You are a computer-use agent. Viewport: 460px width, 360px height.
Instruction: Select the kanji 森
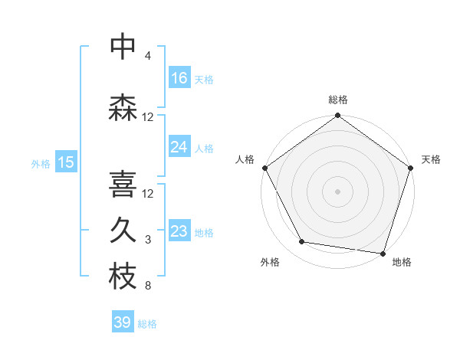coord(123,107)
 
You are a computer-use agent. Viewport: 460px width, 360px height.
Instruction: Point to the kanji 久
coord(123,231)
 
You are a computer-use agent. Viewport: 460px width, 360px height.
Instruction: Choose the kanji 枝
coord(123,277)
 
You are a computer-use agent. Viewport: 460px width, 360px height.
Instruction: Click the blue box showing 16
coord(179,78)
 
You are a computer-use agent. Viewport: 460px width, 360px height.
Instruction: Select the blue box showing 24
coord(179,147)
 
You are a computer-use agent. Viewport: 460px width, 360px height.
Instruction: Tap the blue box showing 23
coord(179,231)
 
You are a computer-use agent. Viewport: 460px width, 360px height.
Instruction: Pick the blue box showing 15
coord(66,162)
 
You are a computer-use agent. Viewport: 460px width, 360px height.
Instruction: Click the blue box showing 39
coord(123,322)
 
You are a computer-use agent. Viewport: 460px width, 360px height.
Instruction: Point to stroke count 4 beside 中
coord(147,56)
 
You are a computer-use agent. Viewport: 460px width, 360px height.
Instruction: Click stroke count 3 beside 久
coord(147,241)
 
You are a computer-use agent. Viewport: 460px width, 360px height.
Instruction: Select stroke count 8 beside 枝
coord(147,287)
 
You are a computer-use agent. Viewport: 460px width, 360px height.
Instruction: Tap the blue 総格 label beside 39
coord(147,324)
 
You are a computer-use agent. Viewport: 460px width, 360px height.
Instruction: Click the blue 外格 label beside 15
coord(40,163)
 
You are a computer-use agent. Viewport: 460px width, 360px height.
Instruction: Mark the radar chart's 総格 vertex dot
coord(337,116)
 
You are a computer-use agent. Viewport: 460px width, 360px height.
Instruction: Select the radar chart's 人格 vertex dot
coord(264,168)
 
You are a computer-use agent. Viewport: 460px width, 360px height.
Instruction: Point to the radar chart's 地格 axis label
coord(402,262)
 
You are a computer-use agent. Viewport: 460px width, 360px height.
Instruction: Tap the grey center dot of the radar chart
coord(337,191)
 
